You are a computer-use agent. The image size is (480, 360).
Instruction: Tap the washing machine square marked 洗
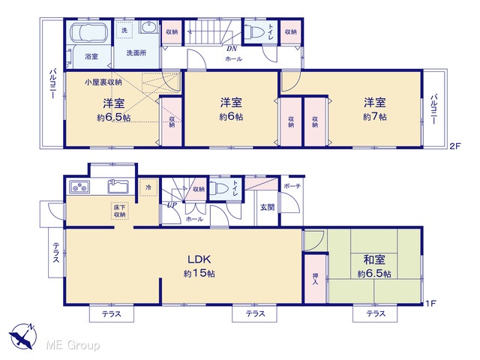coord(124,30)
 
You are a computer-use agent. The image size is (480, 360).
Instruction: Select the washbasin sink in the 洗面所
coord(148,27)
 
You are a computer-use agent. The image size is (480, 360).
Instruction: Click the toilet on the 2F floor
coord(255,31)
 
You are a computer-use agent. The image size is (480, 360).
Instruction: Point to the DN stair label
coord(232,49)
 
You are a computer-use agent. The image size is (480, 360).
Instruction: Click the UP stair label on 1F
coord(172,205)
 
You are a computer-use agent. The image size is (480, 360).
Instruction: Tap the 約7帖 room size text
coord(375,117)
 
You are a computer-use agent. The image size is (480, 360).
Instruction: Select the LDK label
coord(199,259)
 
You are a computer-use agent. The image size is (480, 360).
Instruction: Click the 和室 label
coord(374,259)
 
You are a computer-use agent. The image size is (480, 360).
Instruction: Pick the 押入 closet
coord(315,278)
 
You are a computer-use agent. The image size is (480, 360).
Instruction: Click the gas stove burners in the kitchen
coord(79,187)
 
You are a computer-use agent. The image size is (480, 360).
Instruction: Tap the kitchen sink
coord(118,187)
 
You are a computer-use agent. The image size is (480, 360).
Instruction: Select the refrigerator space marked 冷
coord(148,187)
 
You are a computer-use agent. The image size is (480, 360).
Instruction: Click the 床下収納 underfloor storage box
coord(120,211)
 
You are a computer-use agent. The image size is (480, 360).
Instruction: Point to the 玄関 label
coord(267,207)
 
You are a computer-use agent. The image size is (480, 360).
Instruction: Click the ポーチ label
coord(292,186)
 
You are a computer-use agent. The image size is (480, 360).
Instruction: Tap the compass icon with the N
coord(22,336)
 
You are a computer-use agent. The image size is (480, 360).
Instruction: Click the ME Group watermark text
coord(73,345)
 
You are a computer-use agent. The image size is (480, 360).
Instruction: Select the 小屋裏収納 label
coord(103,82)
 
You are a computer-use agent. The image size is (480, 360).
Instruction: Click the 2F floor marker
coord(455,146)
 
